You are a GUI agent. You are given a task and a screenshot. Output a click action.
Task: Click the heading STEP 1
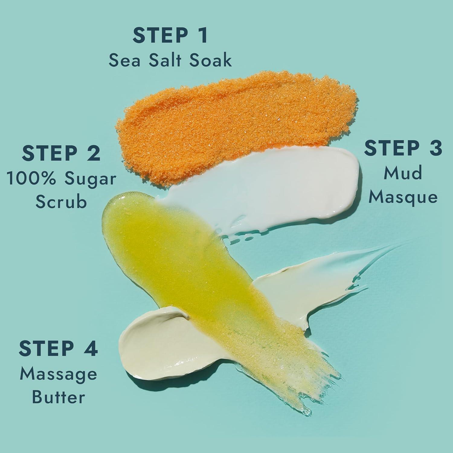pyautogui.click(x=170, y=36)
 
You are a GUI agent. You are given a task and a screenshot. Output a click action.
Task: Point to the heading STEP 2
pyautogui.click(x=61, y=153)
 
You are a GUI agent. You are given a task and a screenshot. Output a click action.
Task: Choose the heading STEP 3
pyautogui.click(x=403, y=148)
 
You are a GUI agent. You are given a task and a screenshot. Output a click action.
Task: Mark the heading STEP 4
pyautogui.click(x=58, y=349)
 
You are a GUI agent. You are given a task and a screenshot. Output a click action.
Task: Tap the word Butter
pyautogui.click(x=58, y=397)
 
